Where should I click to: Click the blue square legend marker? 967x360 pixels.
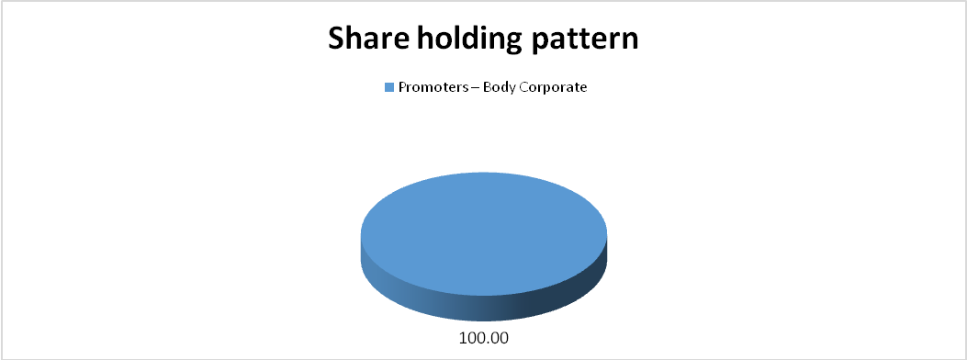(389, 87)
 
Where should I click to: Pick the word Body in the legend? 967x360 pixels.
(496, 87)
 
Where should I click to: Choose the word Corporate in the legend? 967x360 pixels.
(549, 87)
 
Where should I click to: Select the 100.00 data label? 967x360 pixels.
(483, 339)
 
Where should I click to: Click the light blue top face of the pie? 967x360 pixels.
(483, 233)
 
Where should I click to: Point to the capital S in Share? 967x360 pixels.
(337, 39)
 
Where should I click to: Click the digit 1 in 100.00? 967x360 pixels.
(463, 339)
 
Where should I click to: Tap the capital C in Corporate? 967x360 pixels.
(517, 87)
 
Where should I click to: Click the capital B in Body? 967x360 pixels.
(487, 87)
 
